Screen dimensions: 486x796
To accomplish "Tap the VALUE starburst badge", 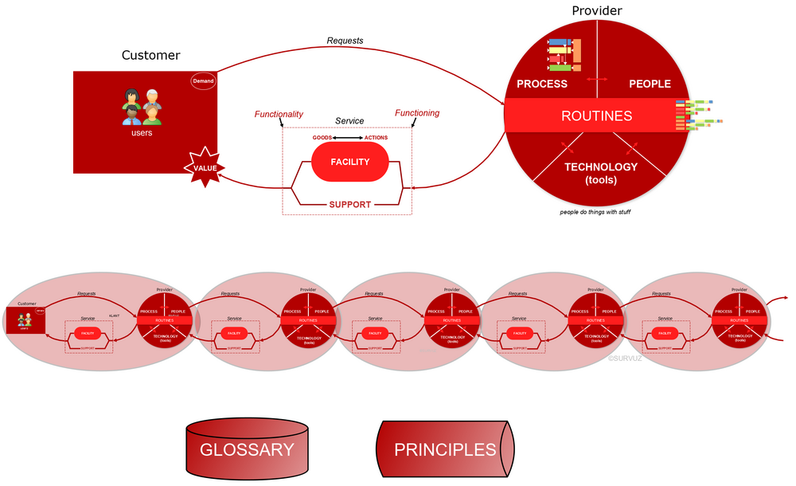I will pos(205,168).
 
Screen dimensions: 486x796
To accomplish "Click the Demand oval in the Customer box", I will pos(203,81).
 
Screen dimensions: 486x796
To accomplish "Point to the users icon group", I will pos(142,107).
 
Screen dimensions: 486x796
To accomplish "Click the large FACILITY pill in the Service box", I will pos(350,162).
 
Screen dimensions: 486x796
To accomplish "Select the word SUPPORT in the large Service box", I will pos(350,205).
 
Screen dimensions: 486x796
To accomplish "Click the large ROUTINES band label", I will pos(597,116).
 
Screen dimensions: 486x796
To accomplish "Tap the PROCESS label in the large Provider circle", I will pos(542,84).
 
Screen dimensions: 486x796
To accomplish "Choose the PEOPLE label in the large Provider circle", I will pos(650,84).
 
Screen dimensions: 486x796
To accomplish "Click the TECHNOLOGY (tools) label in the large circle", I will pos(601,171).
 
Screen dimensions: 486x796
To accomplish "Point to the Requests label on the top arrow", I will pos(345,41).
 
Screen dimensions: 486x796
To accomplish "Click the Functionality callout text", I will pos(279,114).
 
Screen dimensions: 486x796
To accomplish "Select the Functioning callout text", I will pos(417,113).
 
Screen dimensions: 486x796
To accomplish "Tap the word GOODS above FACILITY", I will pos(322,138).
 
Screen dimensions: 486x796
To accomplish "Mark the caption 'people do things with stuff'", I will pos(596,212).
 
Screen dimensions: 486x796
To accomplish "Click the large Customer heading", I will pos(150,56).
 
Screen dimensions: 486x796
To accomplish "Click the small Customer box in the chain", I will pos(25,320).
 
